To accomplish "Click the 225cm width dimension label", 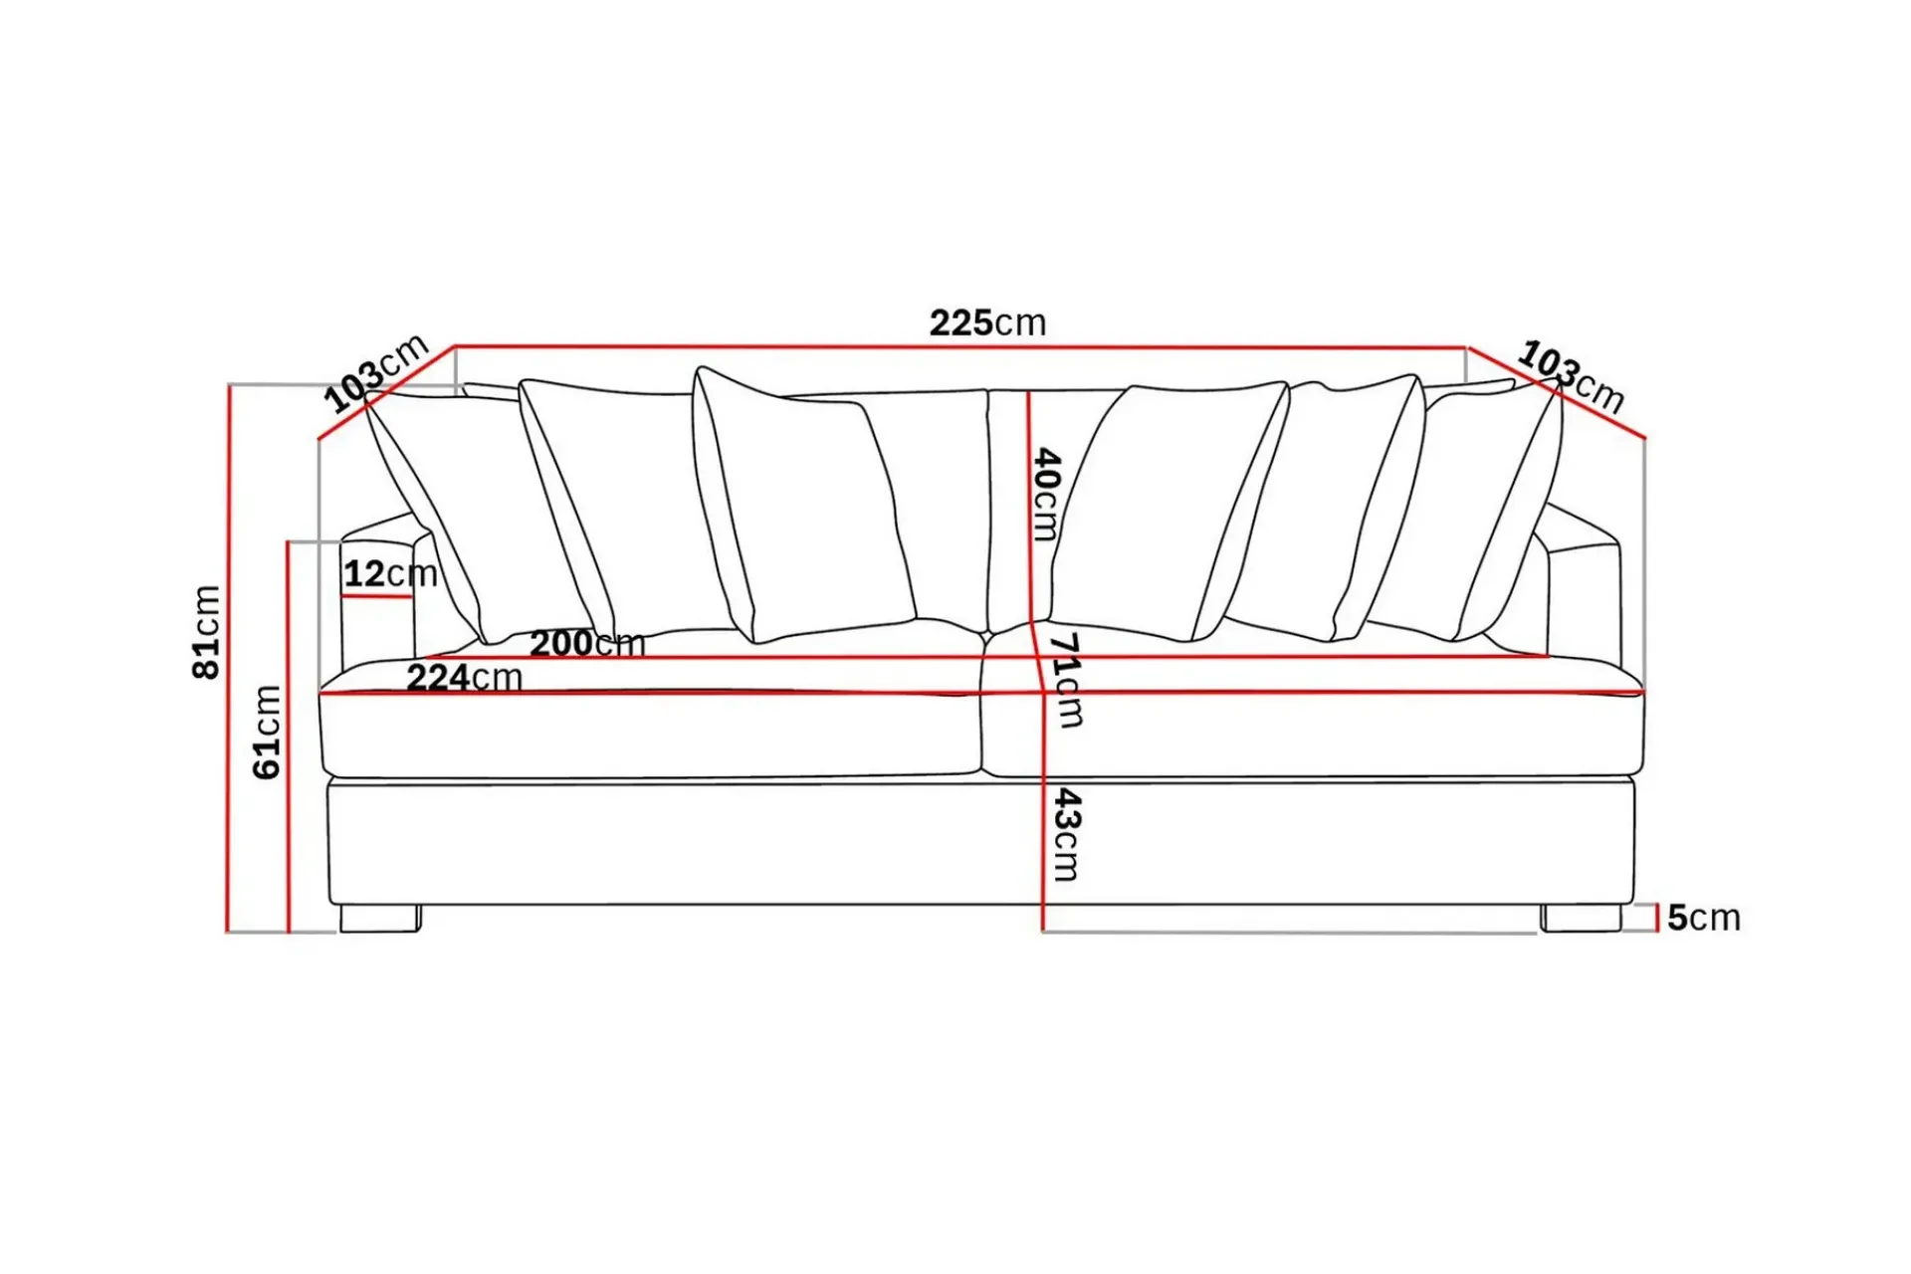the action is tap(987, 322).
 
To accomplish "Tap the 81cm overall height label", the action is tap(206, 632).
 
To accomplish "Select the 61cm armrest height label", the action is tap(267, 732).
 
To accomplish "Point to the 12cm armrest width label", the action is tap(390, 573).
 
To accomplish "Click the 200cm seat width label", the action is tap(587, 643).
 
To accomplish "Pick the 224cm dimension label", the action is tap(464, 678).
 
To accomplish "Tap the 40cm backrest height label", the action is tap(1046, 494).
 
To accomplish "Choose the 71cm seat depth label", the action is tap(1066, 680).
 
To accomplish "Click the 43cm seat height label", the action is tap(1066, 834).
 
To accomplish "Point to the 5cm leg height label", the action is tap(1704, 917).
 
